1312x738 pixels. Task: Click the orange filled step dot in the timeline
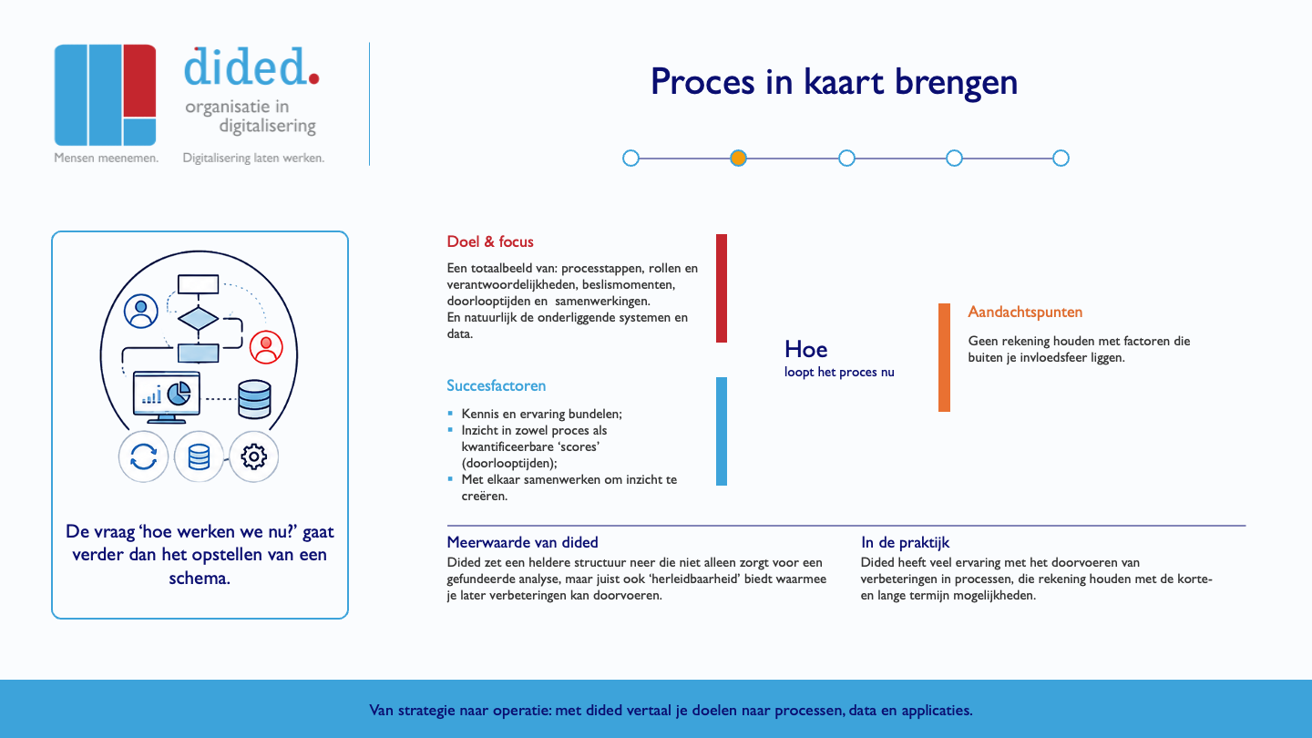pyautogui.click(x=738, y=159)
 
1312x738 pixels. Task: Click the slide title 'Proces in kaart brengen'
pyautogui.click(x=834, y=82)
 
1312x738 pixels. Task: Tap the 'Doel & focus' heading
pyautogui.click(x=490, y=241)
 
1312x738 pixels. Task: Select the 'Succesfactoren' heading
pyautogui.click(x=496, y=385)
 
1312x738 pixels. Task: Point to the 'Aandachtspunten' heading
pyautogui.click(x=1025, y=313)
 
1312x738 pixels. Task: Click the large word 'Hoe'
pyautogui.click(x=806, y=349)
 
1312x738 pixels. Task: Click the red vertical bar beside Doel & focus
pyautogui.click(x=722, y=288)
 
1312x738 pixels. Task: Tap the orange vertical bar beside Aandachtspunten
pyautogui.click(x=944, y=357)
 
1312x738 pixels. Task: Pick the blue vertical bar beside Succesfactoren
pyautogui.click(x=722, y=431)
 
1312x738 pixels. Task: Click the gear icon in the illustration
pyautogui.click(x=253, y=456)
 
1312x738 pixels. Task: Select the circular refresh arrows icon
pyautogui.click(x=144, y=456)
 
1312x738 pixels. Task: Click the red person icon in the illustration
pyautogui.click(x=266, y=347)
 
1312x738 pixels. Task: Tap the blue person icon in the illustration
pyautogui.click(x=140, y=311)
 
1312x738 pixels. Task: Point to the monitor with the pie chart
pyautogui.click(x=167, y=396)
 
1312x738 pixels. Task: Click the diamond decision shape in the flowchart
pyautogui.click(x=198, y=319)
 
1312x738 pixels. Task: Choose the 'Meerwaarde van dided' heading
pyautogui.click(x=522, y=542)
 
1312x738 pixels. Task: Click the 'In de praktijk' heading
pyautogui.click(x=905, y=542)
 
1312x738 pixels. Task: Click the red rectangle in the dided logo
pyautogui.click(x=139, y=80)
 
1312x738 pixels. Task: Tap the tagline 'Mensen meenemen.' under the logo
pyautogui.click(x=106, y=159)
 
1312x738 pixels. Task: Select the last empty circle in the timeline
pyautogui.click(x=1061, y=159)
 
